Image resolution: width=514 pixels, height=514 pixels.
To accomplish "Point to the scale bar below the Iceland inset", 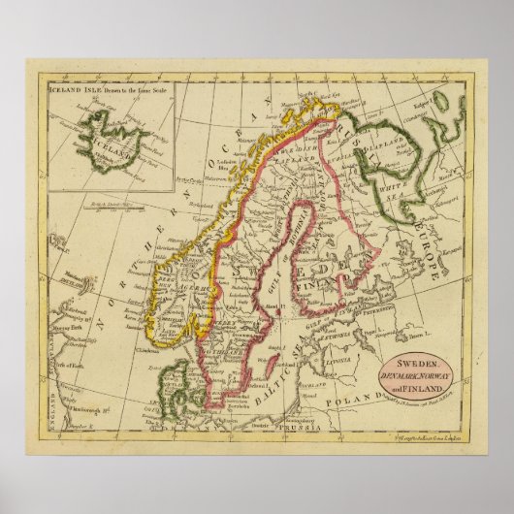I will [113, 208].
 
